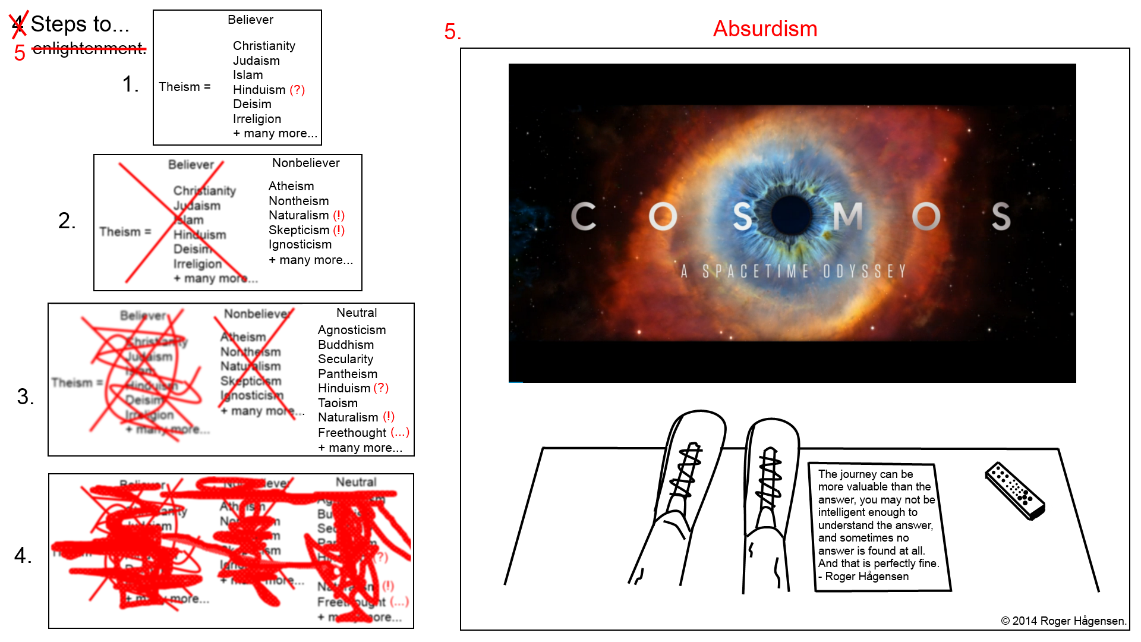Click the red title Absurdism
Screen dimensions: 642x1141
pyautogui.click(x=765, y=29)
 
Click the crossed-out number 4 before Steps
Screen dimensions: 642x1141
pyautogui.click(x=18, y=24)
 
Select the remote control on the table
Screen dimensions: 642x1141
pyautogui.click(x=1014, y=491)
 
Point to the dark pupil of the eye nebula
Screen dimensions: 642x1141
pyautogui.click(x=792, y=215)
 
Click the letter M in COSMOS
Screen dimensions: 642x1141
pyautogui.click(x=847, y=216)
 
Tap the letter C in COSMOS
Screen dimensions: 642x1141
pyautogui.click(x=583, y=216)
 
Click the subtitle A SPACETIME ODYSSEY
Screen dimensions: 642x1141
pyautogui.click(x=793, y=272)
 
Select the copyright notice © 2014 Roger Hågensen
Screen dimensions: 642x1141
pyautogui.click(x=1063, y=621)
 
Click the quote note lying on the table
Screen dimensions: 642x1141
pyautogui.click(x=878, y=525)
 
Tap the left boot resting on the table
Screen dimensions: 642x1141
pyautogui.click(x=683, y=487)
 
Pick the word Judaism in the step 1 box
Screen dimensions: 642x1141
pyautogui.click(x=256, y=61)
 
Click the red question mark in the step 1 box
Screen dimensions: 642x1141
pyautogui.click(x=297, y=90)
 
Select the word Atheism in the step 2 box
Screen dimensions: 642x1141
pyautogui.click(x=291, y=187)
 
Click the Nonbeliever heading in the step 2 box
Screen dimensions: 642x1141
pyautogui.click(x=305, y=163)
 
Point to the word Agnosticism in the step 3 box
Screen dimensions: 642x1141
pyautogui.click(x=351, y=330)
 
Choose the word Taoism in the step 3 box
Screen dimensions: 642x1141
pyautogui.click(x=338, y=403)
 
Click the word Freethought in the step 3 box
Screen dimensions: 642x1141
pyautogui.click(x=352, y=433)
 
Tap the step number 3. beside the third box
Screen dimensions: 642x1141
pyautogui.click(x=26, y=396)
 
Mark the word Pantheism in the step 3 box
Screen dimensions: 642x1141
pyautogui.click(x=347, y=374)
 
